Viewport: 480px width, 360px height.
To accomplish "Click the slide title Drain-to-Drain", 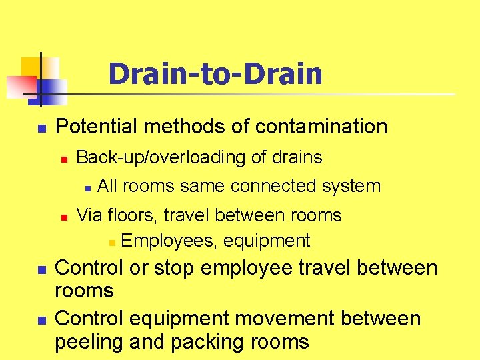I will point(215,74).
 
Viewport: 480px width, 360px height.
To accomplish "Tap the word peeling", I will point(89,342).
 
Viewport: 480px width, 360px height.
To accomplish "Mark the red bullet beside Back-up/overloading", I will point(64,159).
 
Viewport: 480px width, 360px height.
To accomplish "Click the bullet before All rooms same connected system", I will point(87,188).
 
